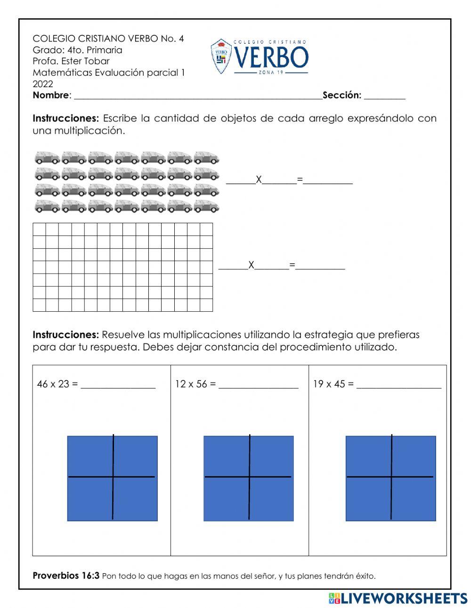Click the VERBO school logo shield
tap(221, 57)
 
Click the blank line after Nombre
tap(198, 96)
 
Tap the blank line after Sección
tap(384, 96)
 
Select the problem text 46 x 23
tap(53, 384)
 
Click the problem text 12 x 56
tap(191, 384)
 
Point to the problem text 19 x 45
tap(329, 384)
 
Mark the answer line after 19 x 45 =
tap(399, 386)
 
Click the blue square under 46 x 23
tap(112, 478)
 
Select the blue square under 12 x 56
tap(248, 478)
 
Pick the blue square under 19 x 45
tap(390, 478)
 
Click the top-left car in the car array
tap(47, 157)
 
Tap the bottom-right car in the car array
tap(206, 206)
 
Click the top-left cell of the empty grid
tap(39, 229)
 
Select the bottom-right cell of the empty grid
tap(206, 305)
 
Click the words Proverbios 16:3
tap(66, 576)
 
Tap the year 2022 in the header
tap(43, 84)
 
